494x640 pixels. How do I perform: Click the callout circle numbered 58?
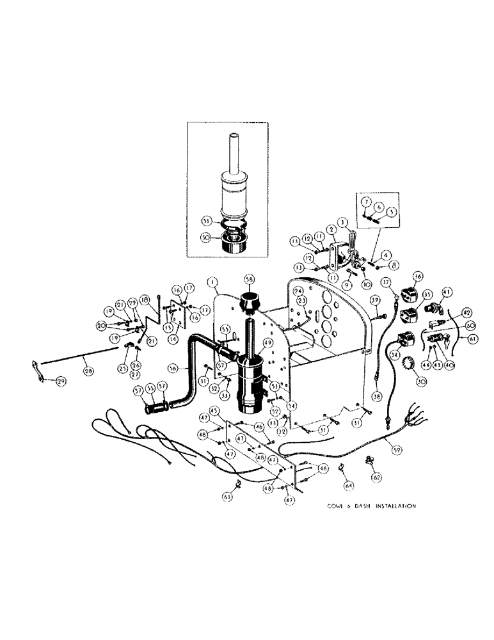tap(250, 280)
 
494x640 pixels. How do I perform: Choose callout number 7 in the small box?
tap(366, 202)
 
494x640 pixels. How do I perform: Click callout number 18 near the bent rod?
tap(144, 300)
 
